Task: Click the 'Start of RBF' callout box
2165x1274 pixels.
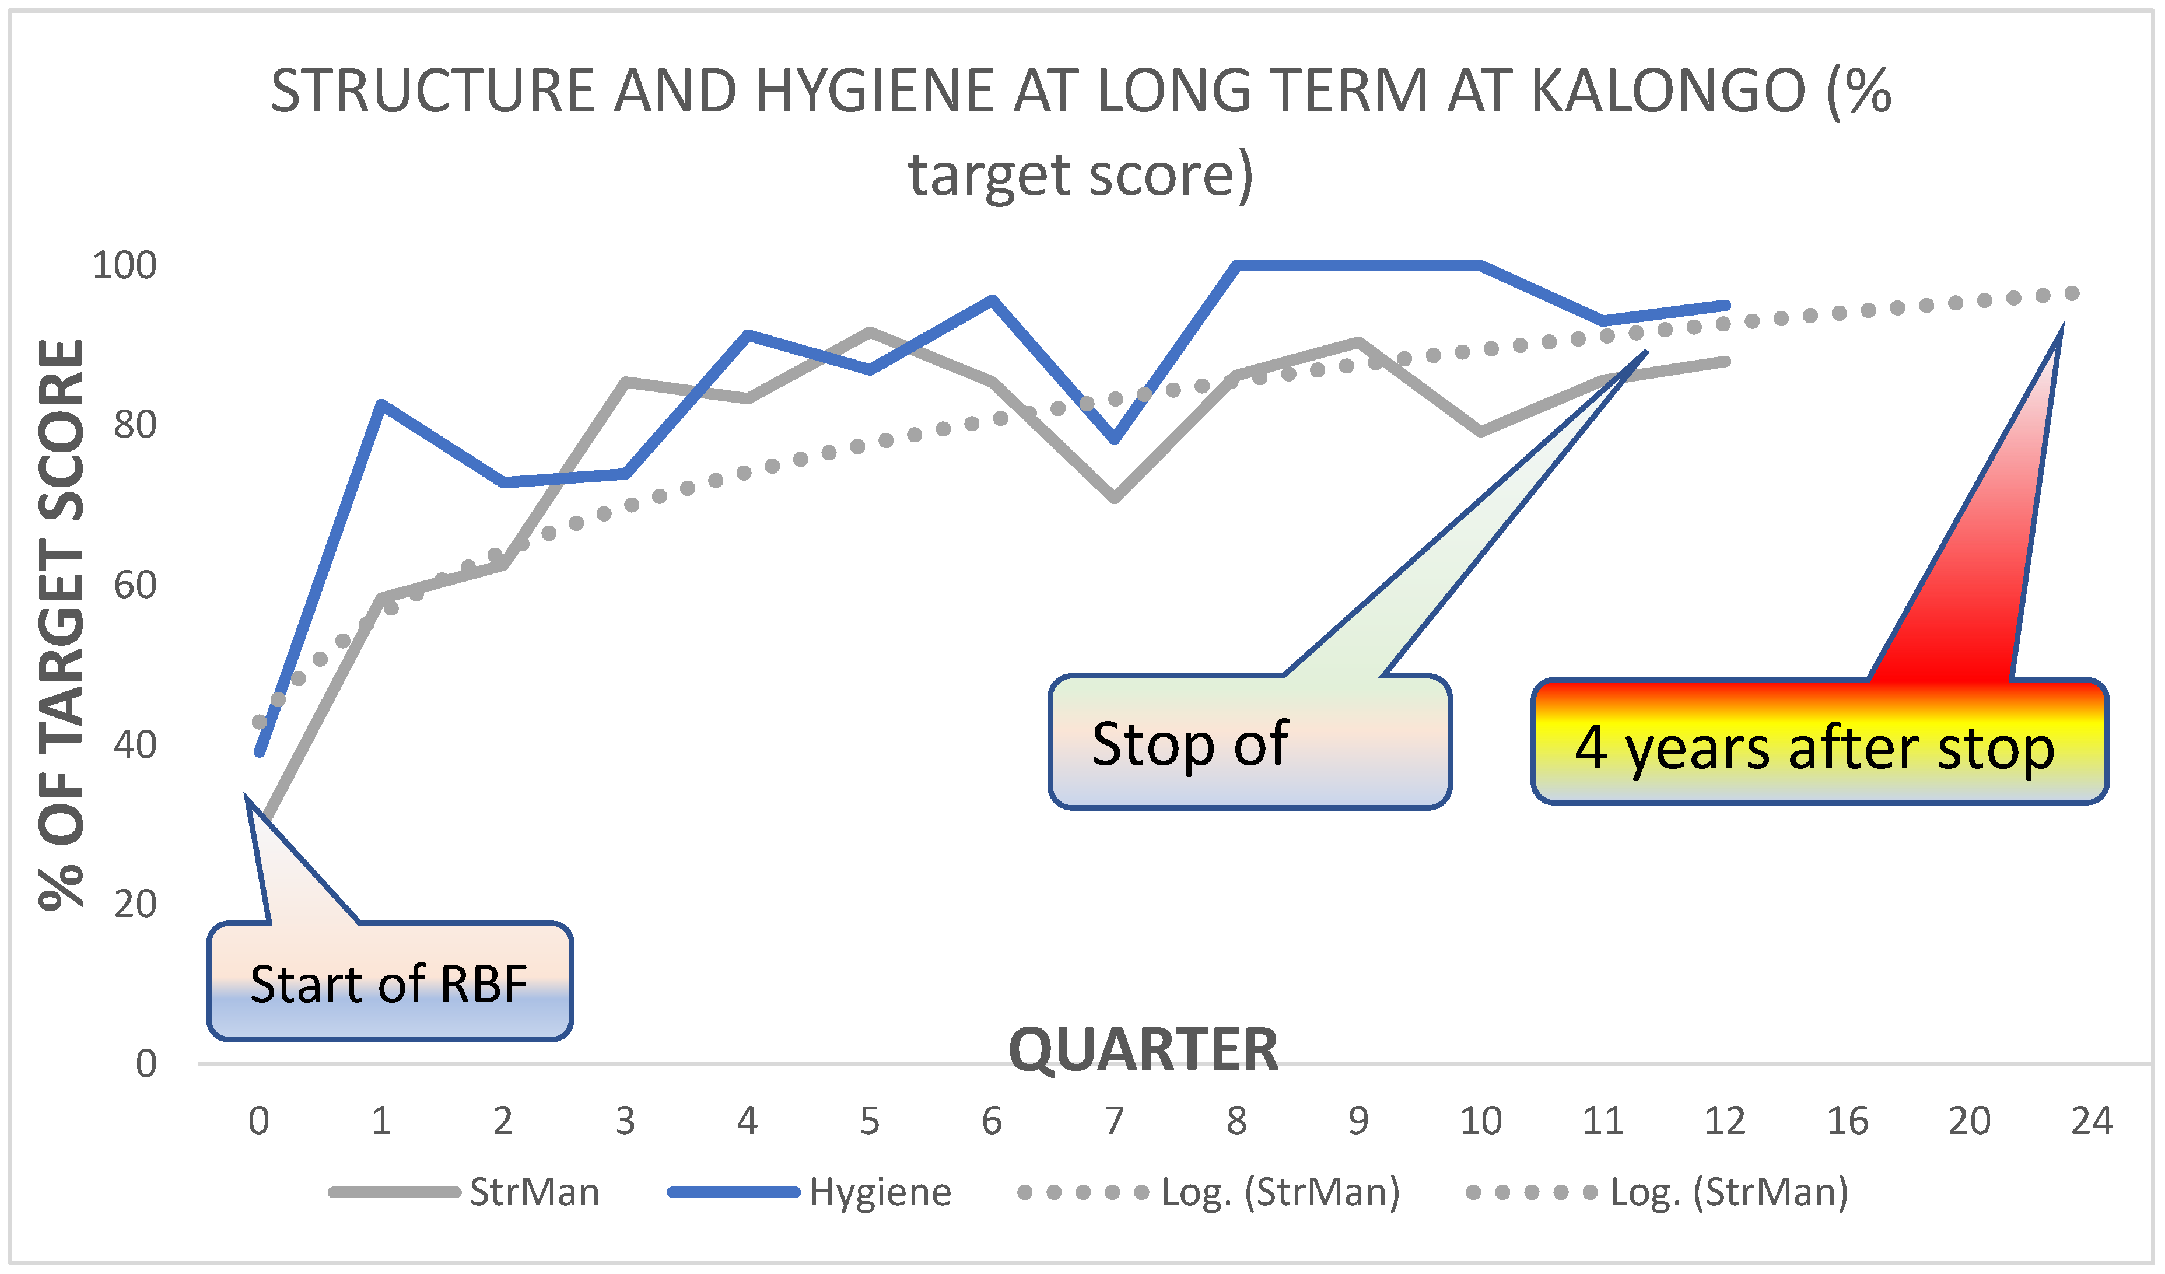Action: tap(390, 982)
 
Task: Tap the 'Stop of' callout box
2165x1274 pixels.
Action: tap(1249, 742)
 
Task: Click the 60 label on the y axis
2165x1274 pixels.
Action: tap(135, 585)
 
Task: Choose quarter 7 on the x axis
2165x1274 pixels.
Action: tap(1115, 1121)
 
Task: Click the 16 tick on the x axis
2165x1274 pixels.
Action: tap(1847, 1121)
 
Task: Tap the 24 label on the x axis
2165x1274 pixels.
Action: tap(2091, 1121)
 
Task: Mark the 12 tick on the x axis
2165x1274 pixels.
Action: tap(1725, 1121)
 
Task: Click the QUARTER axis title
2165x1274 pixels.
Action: tap(1144, 1050)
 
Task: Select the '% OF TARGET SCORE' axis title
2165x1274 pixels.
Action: tap(62, 625)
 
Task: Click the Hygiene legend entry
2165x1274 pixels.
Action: tap(810, 1192)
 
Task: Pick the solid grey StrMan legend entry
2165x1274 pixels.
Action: tap(464, 1192)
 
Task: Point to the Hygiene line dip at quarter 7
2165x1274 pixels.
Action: tap(1115, 440)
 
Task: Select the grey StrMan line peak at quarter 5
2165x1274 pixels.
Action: tap(870, 331)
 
